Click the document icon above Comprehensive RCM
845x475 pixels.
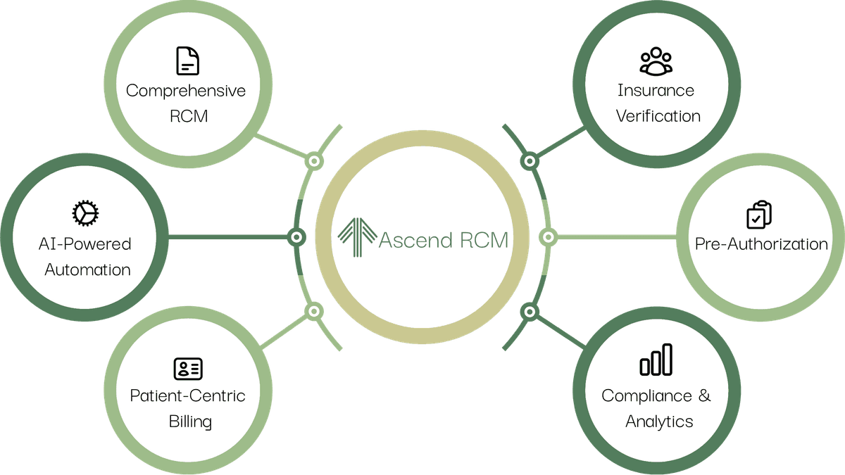[x=187, y=61]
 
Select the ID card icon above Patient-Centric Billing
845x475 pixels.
[x=188, y=367]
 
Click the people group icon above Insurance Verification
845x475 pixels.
[x=656, y=61]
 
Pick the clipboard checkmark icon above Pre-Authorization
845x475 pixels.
[x=759, y=215]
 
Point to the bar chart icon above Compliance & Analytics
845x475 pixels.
[x=656, y=360]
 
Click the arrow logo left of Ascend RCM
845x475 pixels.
[x=357, y=239]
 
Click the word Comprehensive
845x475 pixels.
[x=186, y=91]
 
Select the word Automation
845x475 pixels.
[x=87, y=270]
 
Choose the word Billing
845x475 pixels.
[x=190, y=422]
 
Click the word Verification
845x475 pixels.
[x=658, y=116]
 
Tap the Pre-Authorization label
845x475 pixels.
[x=761, y=244]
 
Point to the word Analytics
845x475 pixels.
[x=659, y=422]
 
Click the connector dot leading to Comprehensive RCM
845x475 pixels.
[x=314, y=161]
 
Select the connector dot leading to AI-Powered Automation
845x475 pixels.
[x=296, y=237]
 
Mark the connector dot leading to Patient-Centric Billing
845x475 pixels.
[x=314, y=310]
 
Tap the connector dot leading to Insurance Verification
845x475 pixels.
[x=530, y=161]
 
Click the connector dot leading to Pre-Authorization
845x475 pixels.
[x=547, y=237]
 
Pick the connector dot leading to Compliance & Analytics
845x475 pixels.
[x=530, y=310]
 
